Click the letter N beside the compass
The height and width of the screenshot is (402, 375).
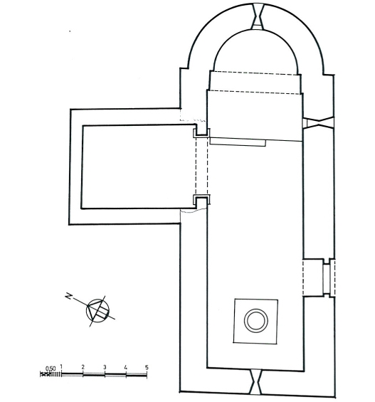click(x=69, y=297)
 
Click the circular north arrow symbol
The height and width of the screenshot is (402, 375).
click(x=97, y=310)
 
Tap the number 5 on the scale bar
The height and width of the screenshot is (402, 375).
click(x=147, y=367)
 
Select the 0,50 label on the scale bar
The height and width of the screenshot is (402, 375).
click(x=51, y=369)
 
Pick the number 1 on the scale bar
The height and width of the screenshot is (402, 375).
click(x=61, y=367)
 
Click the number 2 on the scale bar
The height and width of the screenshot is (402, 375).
click(x=83, y=367)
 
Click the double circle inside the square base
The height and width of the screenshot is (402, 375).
click(x=256, y=321)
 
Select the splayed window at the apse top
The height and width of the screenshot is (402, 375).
click(x=258, y=16)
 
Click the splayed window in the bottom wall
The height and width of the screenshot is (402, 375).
click(x=256, y=381)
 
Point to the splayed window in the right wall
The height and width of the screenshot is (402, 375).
click(x=318, y=122)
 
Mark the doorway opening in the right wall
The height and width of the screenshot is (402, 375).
click(x=319, y=277)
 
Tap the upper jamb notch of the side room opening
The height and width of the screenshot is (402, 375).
click(x=201, y=132)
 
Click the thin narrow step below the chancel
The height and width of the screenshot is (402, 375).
click(x=238, y=142)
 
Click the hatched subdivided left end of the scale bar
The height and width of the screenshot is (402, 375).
click(x=51, y=374)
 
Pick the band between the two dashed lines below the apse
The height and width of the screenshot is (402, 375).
click(x=255, y=83)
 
